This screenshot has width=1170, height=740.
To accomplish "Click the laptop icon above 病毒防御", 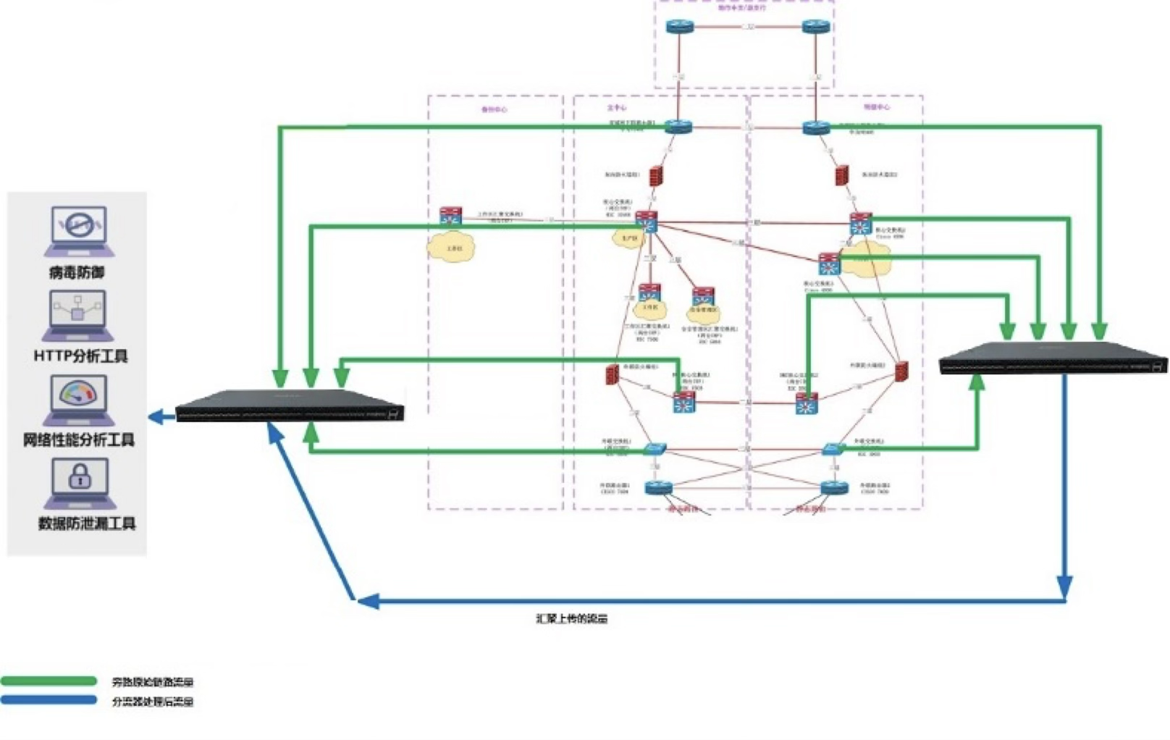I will pyautogui.click(x=79, y=231).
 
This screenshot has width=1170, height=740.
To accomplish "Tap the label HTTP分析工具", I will pyautogui.click(x=80, y=356).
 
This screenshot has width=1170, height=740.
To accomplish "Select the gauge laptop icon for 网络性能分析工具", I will pyautogui.click(x=78, y=400).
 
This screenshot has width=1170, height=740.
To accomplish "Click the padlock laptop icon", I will pyautogui.click(x=80, y=482).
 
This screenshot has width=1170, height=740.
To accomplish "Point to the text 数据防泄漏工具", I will pyautogui.click(x=87, y=524).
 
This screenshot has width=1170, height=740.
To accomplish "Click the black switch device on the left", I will pyautogui.click(x=290, y=406).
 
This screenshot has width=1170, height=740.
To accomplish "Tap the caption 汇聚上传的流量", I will pyautogui.click(x=571, y=619).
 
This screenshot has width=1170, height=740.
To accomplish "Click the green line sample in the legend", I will pyautogui.click(x=49, y=681).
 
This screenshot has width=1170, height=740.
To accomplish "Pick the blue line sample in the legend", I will pyautogui.click(x=49, y=700).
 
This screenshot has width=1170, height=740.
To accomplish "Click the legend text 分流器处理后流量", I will pyautogui.click(x=153, y=702).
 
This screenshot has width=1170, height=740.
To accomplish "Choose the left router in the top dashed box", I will pyautogui.click(x=680, y=27).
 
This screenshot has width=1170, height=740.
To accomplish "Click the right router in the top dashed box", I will pyautogui.click(x=816, y=27).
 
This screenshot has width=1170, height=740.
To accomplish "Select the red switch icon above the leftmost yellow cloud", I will pyautogui.click(x=450, y=215).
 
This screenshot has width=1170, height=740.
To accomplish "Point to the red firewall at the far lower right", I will pyautogui.click(x=901, y=372).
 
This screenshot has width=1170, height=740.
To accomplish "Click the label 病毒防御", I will pyautogui.click(x=77, y=273).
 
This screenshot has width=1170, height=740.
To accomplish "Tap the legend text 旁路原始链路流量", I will pyautogui.click(x=153, y=682).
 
